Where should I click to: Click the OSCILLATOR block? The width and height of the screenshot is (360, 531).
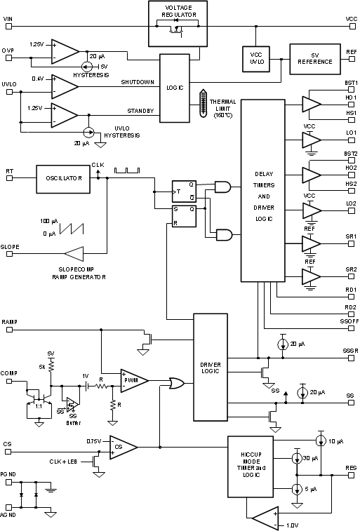point(60,178)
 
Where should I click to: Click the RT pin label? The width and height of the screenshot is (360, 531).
point(8,170)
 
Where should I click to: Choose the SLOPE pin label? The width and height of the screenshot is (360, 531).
point(10,247)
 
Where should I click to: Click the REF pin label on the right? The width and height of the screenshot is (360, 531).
point(352,51)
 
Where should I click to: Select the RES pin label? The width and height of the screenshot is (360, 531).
point(351,468)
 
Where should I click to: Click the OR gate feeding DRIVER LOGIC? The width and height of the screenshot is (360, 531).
point(175,383)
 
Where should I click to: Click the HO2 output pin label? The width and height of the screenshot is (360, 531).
point(351,168)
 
